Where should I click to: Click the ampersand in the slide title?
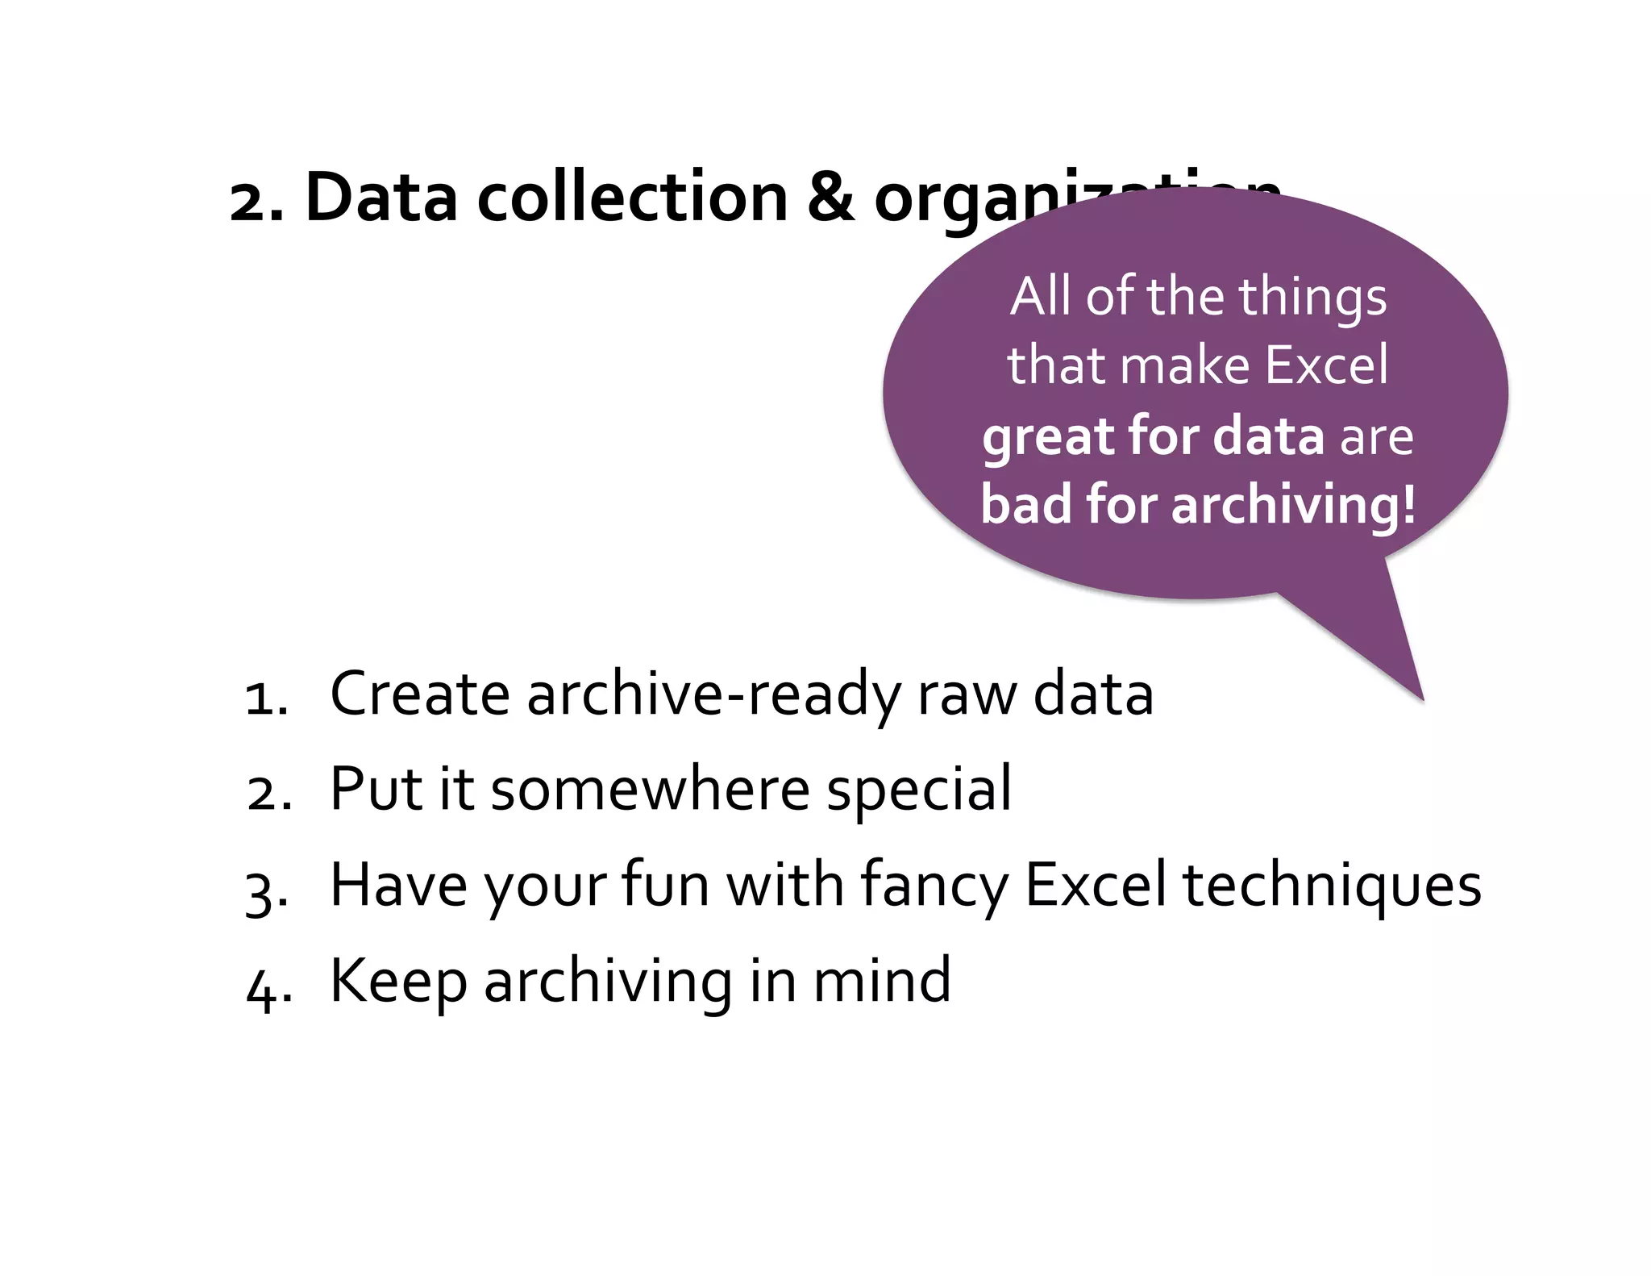pos(830,198)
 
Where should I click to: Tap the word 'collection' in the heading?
pos(632,198)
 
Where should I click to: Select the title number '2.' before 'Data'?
pos(256,202)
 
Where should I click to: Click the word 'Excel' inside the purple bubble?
pos(1326,365)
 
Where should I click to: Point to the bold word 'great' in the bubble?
pos(1047,437)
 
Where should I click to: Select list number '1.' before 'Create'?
pos(266,697)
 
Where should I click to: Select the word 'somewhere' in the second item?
pos(650,790)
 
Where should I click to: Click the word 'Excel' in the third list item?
pos(1095,886)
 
